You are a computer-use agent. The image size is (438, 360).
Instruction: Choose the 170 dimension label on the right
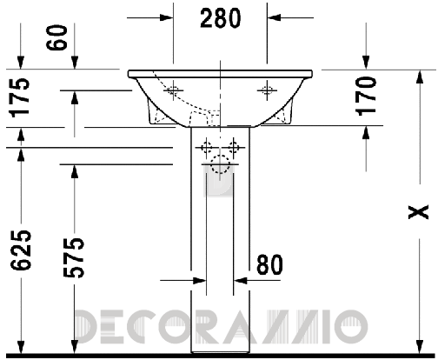click(368, 97)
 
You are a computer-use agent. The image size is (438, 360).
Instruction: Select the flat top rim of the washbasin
click(219, 71)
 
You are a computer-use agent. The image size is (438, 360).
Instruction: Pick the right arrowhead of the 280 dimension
click(271, 17)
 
